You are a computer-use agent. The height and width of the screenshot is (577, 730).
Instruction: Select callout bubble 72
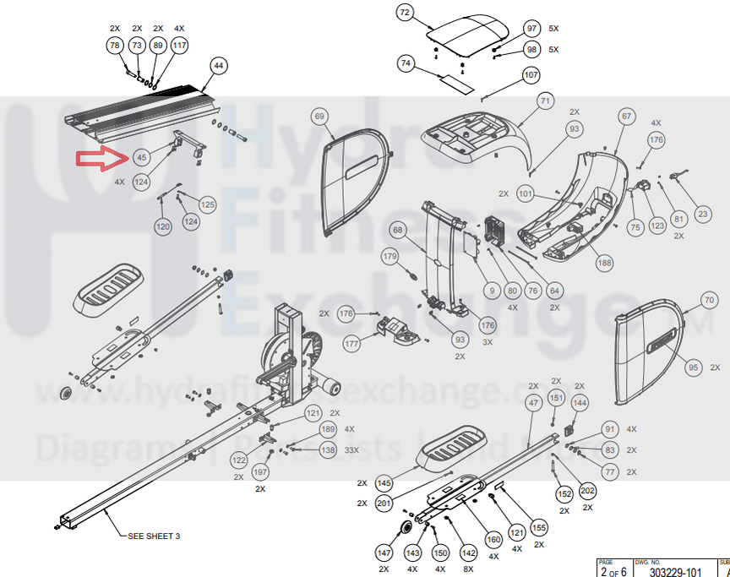click(405, 13)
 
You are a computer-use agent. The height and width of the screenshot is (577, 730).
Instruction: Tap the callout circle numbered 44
click(219, 65)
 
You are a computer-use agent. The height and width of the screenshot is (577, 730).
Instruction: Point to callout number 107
click(531, 75)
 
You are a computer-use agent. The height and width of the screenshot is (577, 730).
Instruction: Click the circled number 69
click(319, 116)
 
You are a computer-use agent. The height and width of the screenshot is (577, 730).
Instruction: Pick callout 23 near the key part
click(703, 215)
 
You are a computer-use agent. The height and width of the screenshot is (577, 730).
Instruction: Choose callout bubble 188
click(604, 263)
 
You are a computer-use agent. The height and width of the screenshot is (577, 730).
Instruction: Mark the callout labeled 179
click(390, 256)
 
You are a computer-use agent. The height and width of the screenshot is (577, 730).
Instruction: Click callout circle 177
click(352, 343)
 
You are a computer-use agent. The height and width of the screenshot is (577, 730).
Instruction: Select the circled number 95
click(694, 367)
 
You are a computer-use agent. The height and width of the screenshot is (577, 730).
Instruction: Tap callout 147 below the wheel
click(384, 553)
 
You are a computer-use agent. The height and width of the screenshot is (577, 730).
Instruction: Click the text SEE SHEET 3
click(154, 536)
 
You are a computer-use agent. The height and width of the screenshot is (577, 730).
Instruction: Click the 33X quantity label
click(351, 449)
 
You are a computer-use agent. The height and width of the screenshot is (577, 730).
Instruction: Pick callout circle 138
click(327, 449)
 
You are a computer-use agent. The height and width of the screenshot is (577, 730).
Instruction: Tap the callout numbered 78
click(115, 45)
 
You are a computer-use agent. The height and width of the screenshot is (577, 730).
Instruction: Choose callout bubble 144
click(580, 404)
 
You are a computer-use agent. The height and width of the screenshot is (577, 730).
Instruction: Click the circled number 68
click(398, 230)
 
